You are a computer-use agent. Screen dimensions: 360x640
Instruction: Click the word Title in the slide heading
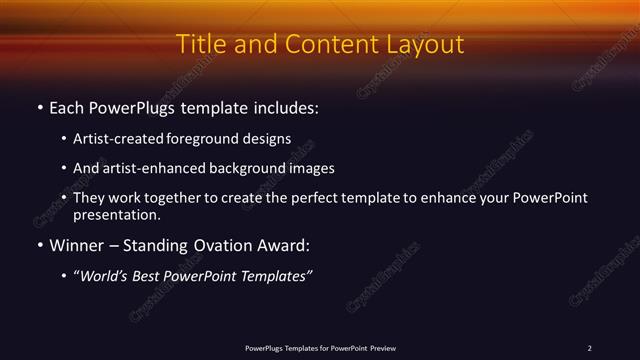click(x=199, y=45)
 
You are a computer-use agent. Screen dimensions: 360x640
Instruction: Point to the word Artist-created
click(x=113, y=139)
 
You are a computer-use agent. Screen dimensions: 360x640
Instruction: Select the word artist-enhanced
click(x=149, y=168)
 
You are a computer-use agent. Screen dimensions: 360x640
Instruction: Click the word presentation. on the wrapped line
click(x=116, y=214)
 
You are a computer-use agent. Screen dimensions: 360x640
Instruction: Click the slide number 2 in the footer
click(x=589, y=348)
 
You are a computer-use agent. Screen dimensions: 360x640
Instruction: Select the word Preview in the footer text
click(x=383, y=348)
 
